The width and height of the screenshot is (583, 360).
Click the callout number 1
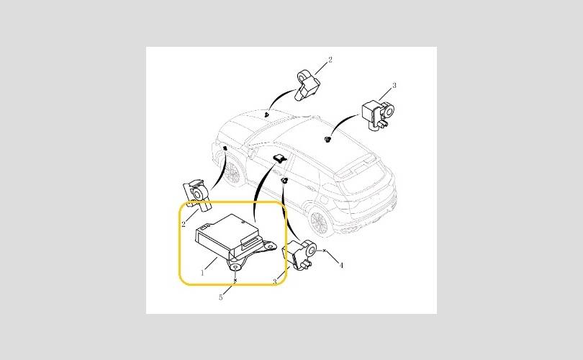point(202,273)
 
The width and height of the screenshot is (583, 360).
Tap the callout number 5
point(221,297)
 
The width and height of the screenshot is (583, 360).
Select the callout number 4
point(341,265)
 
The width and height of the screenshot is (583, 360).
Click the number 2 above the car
point(330,60)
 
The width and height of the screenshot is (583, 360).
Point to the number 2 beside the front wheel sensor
point(184,224)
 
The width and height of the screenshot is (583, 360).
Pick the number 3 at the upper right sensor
point(394,85)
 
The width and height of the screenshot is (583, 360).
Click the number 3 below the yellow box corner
point(275,282)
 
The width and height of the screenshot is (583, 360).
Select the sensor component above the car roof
point(307,86)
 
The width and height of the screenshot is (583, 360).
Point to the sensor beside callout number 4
point(299,254)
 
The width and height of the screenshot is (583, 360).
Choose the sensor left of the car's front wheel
point(197,195)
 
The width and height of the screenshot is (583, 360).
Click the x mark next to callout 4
point(324,251)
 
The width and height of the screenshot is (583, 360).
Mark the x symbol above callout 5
point(235,280)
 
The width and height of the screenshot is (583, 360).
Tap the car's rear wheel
point(319,222)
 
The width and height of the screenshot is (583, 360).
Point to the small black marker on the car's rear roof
point(327,140)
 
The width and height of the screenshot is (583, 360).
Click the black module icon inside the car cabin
point(279,159)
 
